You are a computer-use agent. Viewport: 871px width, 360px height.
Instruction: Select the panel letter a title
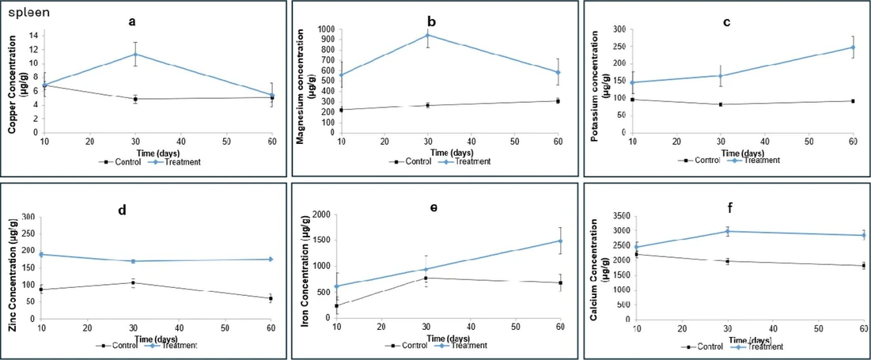pyautogui.click(x=133, y=21)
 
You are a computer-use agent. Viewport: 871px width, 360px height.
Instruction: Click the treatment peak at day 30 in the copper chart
pyautogui.click(x=135, y=55)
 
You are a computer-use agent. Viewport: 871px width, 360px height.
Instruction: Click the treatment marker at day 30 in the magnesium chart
pyautogui.click(x=427, y=35)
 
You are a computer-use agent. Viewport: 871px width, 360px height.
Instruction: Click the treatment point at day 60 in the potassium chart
pyautogui.click(x=853, y=47)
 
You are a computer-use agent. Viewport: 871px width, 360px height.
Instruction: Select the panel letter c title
pyautogui.click(x=726, y=21)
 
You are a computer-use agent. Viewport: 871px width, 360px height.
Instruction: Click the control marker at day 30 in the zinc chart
pyautogui.click(x=133, y=282)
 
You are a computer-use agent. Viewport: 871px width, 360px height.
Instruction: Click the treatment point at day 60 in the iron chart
pyautogui.click(x=561, y=241)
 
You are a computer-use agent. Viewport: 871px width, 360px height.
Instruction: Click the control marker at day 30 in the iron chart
pyautogui.click(x=426, y=278)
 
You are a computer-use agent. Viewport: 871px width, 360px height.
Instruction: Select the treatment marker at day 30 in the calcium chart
pyautogui.click(x=727, y=231)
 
